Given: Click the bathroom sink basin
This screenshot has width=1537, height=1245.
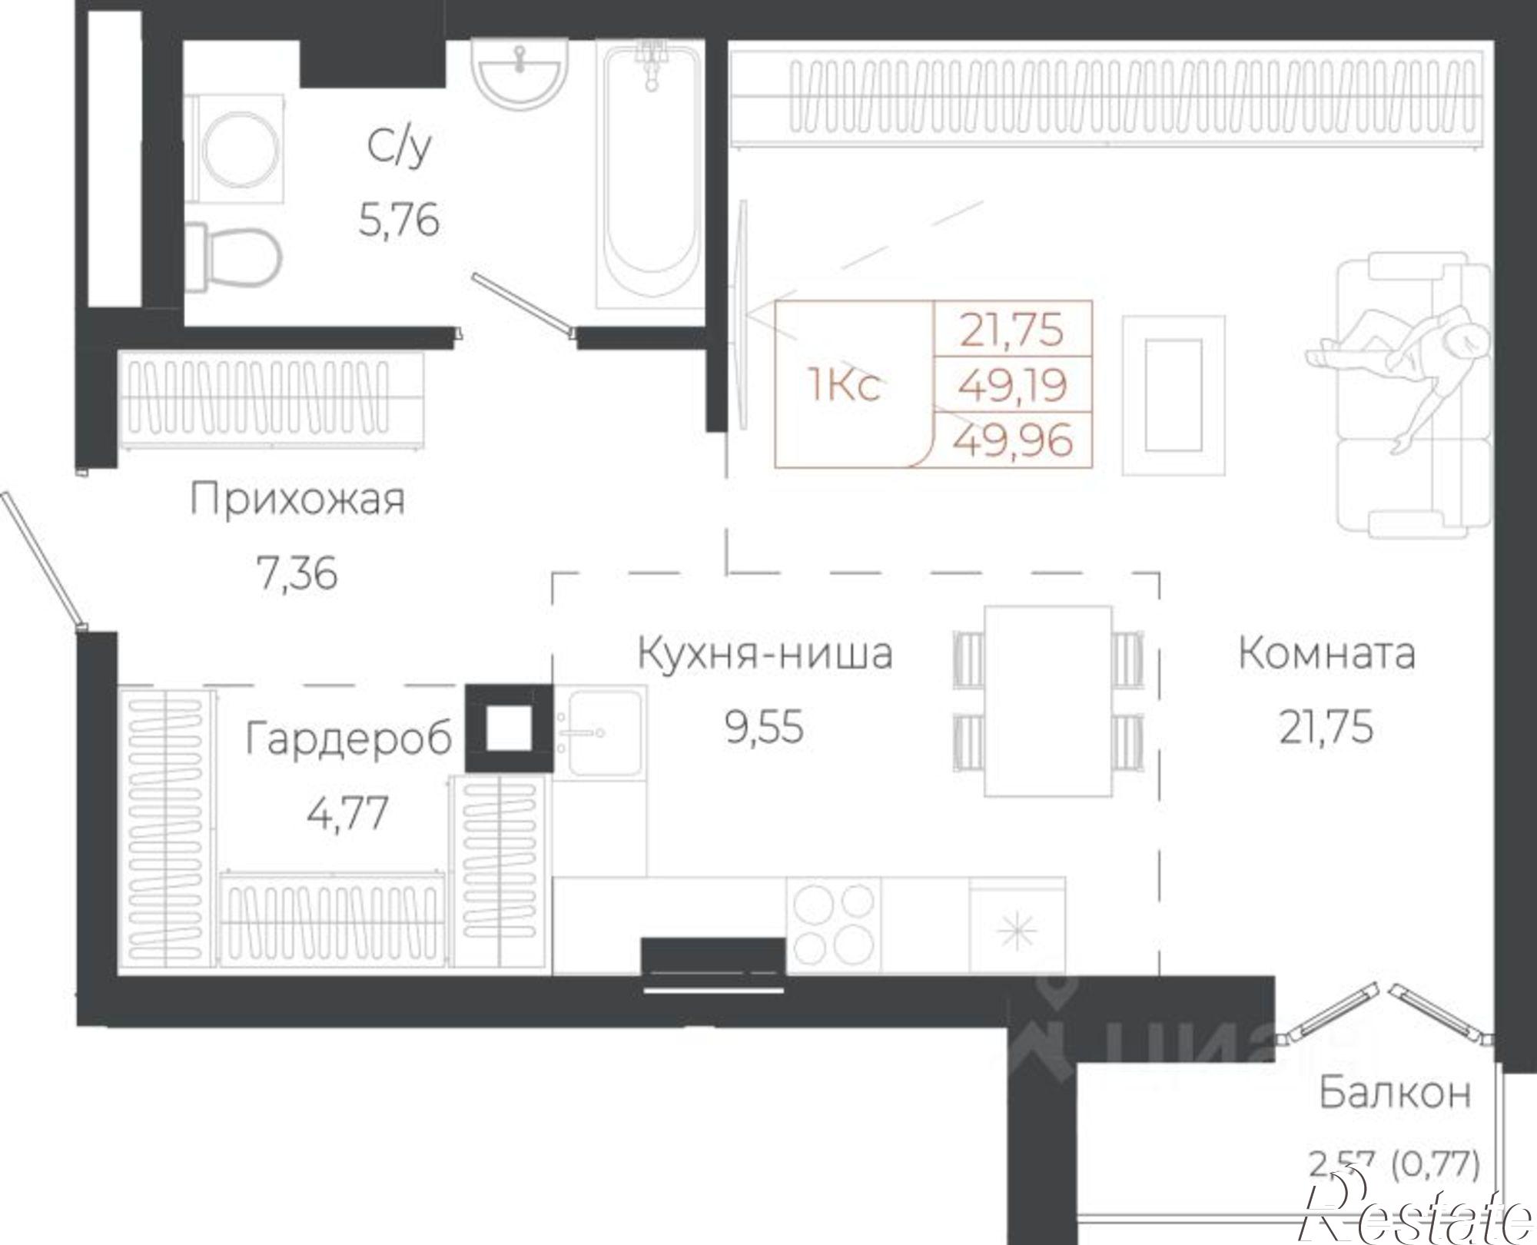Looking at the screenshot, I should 520,73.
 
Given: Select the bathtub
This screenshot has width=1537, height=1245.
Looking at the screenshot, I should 650,177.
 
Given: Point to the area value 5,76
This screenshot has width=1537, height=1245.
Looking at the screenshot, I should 399,221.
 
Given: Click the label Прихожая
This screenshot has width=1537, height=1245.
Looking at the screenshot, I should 297,500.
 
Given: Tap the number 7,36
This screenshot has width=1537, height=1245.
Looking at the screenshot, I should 297,573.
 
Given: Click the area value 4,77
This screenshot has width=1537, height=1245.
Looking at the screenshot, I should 347,814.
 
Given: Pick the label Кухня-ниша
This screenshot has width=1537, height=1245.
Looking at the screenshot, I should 765,654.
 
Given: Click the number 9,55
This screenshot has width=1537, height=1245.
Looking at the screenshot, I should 764,727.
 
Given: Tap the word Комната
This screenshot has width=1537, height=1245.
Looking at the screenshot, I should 1326,653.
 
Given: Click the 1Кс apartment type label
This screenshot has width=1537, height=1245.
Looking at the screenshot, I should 844,384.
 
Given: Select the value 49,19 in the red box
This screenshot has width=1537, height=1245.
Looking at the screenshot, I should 1013,384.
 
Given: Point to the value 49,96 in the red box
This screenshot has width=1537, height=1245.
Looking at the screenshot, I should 1013,440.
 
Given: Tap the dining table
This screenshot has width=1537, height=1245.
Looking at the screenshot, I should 1048,700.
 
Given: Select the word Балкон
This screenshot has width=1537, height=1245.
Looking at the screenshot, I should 1395,1093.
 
